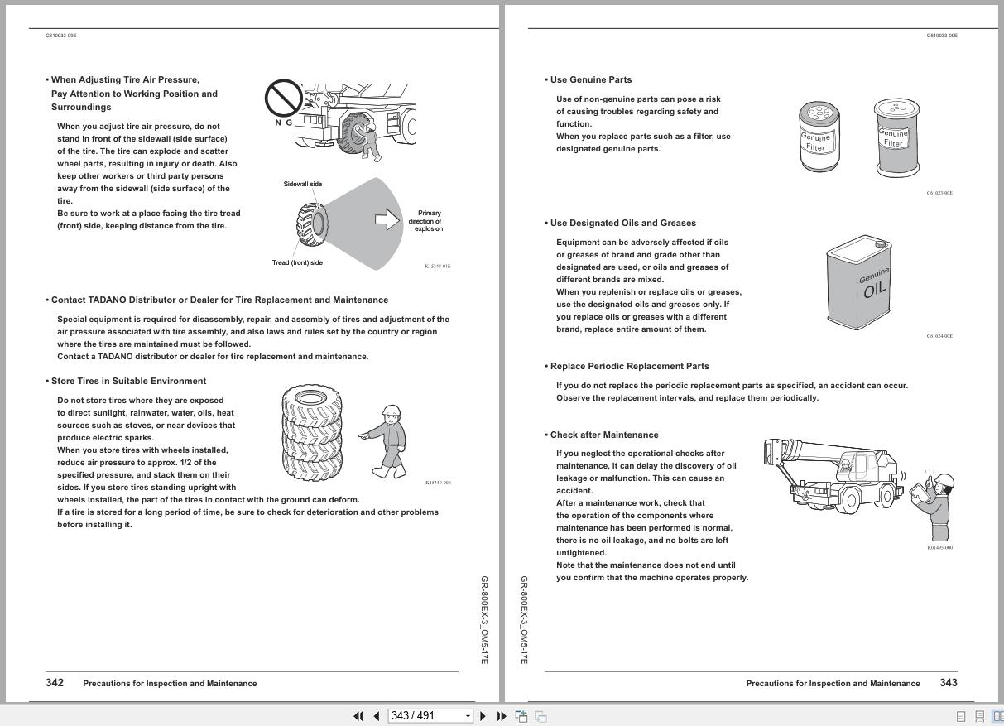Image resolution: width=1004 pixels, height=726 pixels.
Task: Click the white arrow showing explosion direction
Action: [387, 219]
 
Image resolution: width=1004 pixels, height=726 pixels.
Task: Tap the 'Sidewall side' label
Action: [303, 184]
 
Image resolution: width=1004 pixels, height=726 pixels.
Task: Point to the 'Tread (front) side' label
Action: [297, 262]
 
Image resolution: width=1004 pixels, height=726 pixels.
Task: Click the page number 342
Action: [55, 682]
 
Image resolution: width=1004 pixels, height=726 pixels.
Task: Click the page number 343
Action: [949, 682]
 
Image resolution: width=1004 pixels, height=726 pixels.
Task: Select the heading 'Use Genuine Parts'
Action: [591, 79]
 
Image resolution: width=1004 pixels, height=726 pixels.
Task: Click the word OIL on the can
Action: [875, 290]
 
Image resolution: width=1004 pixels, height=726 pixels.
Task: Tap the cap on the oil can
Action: [881, 244]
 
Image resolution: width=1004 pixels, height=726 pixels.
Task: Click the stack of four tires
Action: [312, 432]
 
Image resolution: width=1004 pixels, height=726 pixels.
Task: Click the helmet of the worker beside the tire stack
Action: [392, 410]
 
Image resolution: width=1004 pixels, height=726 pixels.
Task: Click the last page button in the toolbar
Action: [502, 716]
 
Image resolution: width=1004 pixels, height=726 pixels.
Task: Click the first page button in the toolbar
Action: [358, 716]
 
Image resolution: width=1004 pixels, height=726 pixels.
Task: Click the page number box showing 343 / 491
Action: [430, 716]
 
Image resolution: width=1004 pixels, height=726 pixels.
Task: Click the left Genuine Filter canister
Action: [819, 137]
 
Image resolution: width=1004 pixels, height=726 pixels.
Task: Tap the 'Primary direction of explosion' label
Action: [425, 221]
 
